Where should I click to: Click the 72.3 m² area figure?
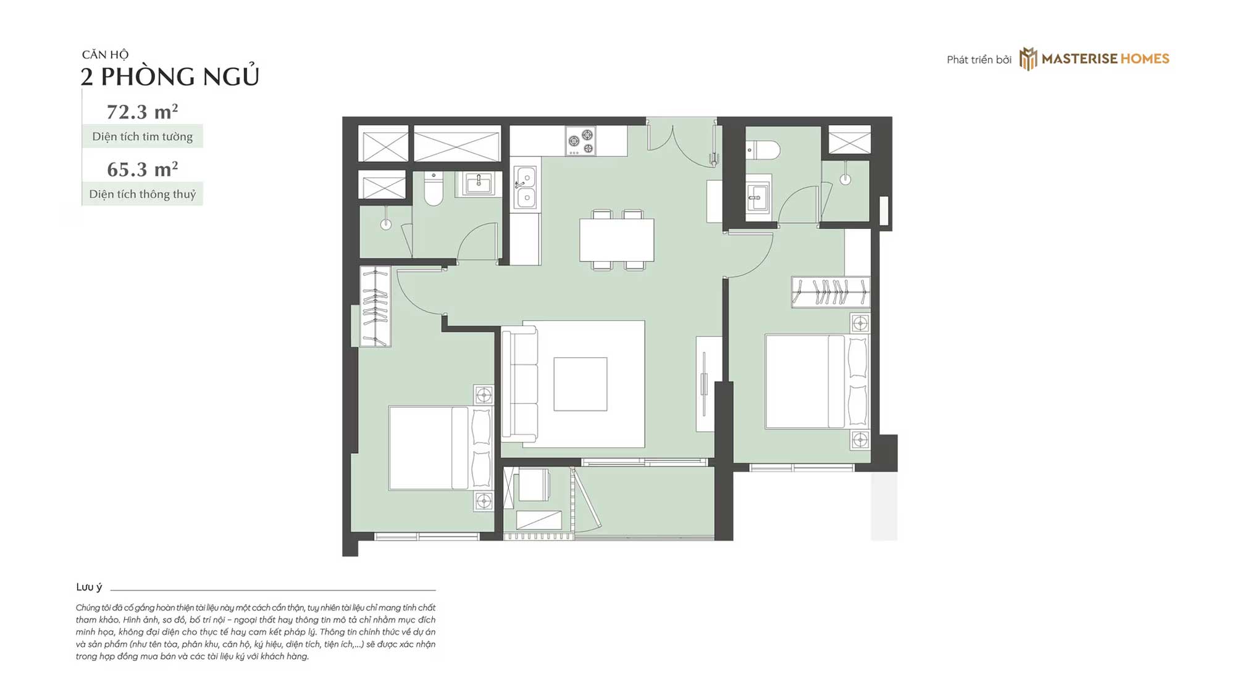143,112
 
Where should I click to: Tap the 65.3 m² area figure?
143,169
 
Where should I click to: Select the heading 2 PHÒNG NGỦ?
170,77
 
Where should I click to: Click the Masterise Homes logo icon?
1028,59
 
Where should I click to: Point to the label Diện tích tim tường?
143,136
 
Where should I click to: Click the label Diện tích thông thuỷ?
143,194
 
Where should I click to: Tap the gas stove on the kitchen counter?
580,141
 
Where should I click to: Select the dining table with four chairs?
617,240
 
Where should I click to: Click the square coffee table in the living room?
580,384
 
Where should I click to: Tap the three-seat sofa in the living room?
519,384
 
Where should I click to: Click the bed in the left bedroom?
440,448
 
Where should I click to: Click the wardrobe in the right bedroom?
831,292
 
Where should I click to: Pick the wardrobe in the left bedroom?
375,307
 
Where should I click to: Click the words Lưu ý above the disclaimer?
89,587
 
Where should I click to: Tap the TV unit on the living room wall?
708,384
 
